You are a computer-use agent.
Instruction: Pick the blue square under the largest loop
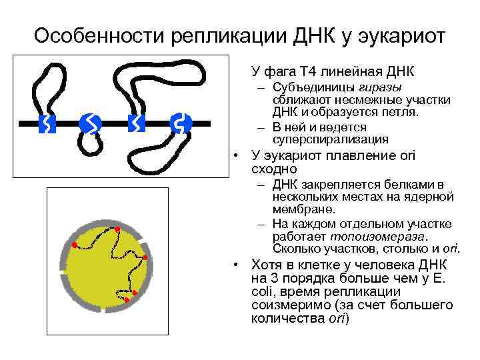pyautogui.click(x=135, y=123)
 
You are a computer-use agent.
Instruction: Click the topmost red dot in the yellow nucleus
pyautogui.click(x=117, y=229)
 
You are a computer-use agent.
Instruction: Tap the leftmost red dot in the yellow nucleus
pyautogui.click(x=74, y=244)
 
